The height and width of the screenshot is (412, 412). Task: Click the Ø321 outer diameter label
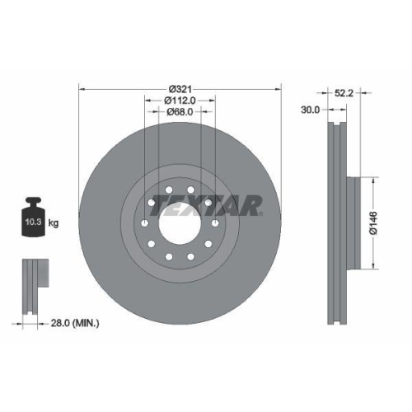click(180, 89)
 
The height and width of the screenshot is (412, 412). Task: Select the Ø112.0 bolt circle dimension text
click(180, 101)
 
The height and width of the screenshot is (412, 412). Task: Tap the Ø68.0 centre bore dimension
click(180, 112)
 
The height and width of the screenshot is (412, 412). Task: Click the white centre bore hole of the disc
click(180, 223)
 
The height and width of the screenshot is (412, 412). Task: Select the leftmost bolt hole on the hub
click(145, 223)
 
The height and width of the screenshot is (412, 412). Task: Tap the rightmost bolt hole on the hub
click(214, 223)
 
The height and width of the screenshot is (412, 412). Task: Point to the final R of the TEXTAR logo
click(250, 204)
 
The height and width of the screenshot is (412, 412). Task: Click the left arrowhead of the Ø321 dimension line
click(82, 89)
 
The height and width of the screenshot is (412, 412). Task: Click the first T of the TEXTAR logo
click(162, 204)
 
